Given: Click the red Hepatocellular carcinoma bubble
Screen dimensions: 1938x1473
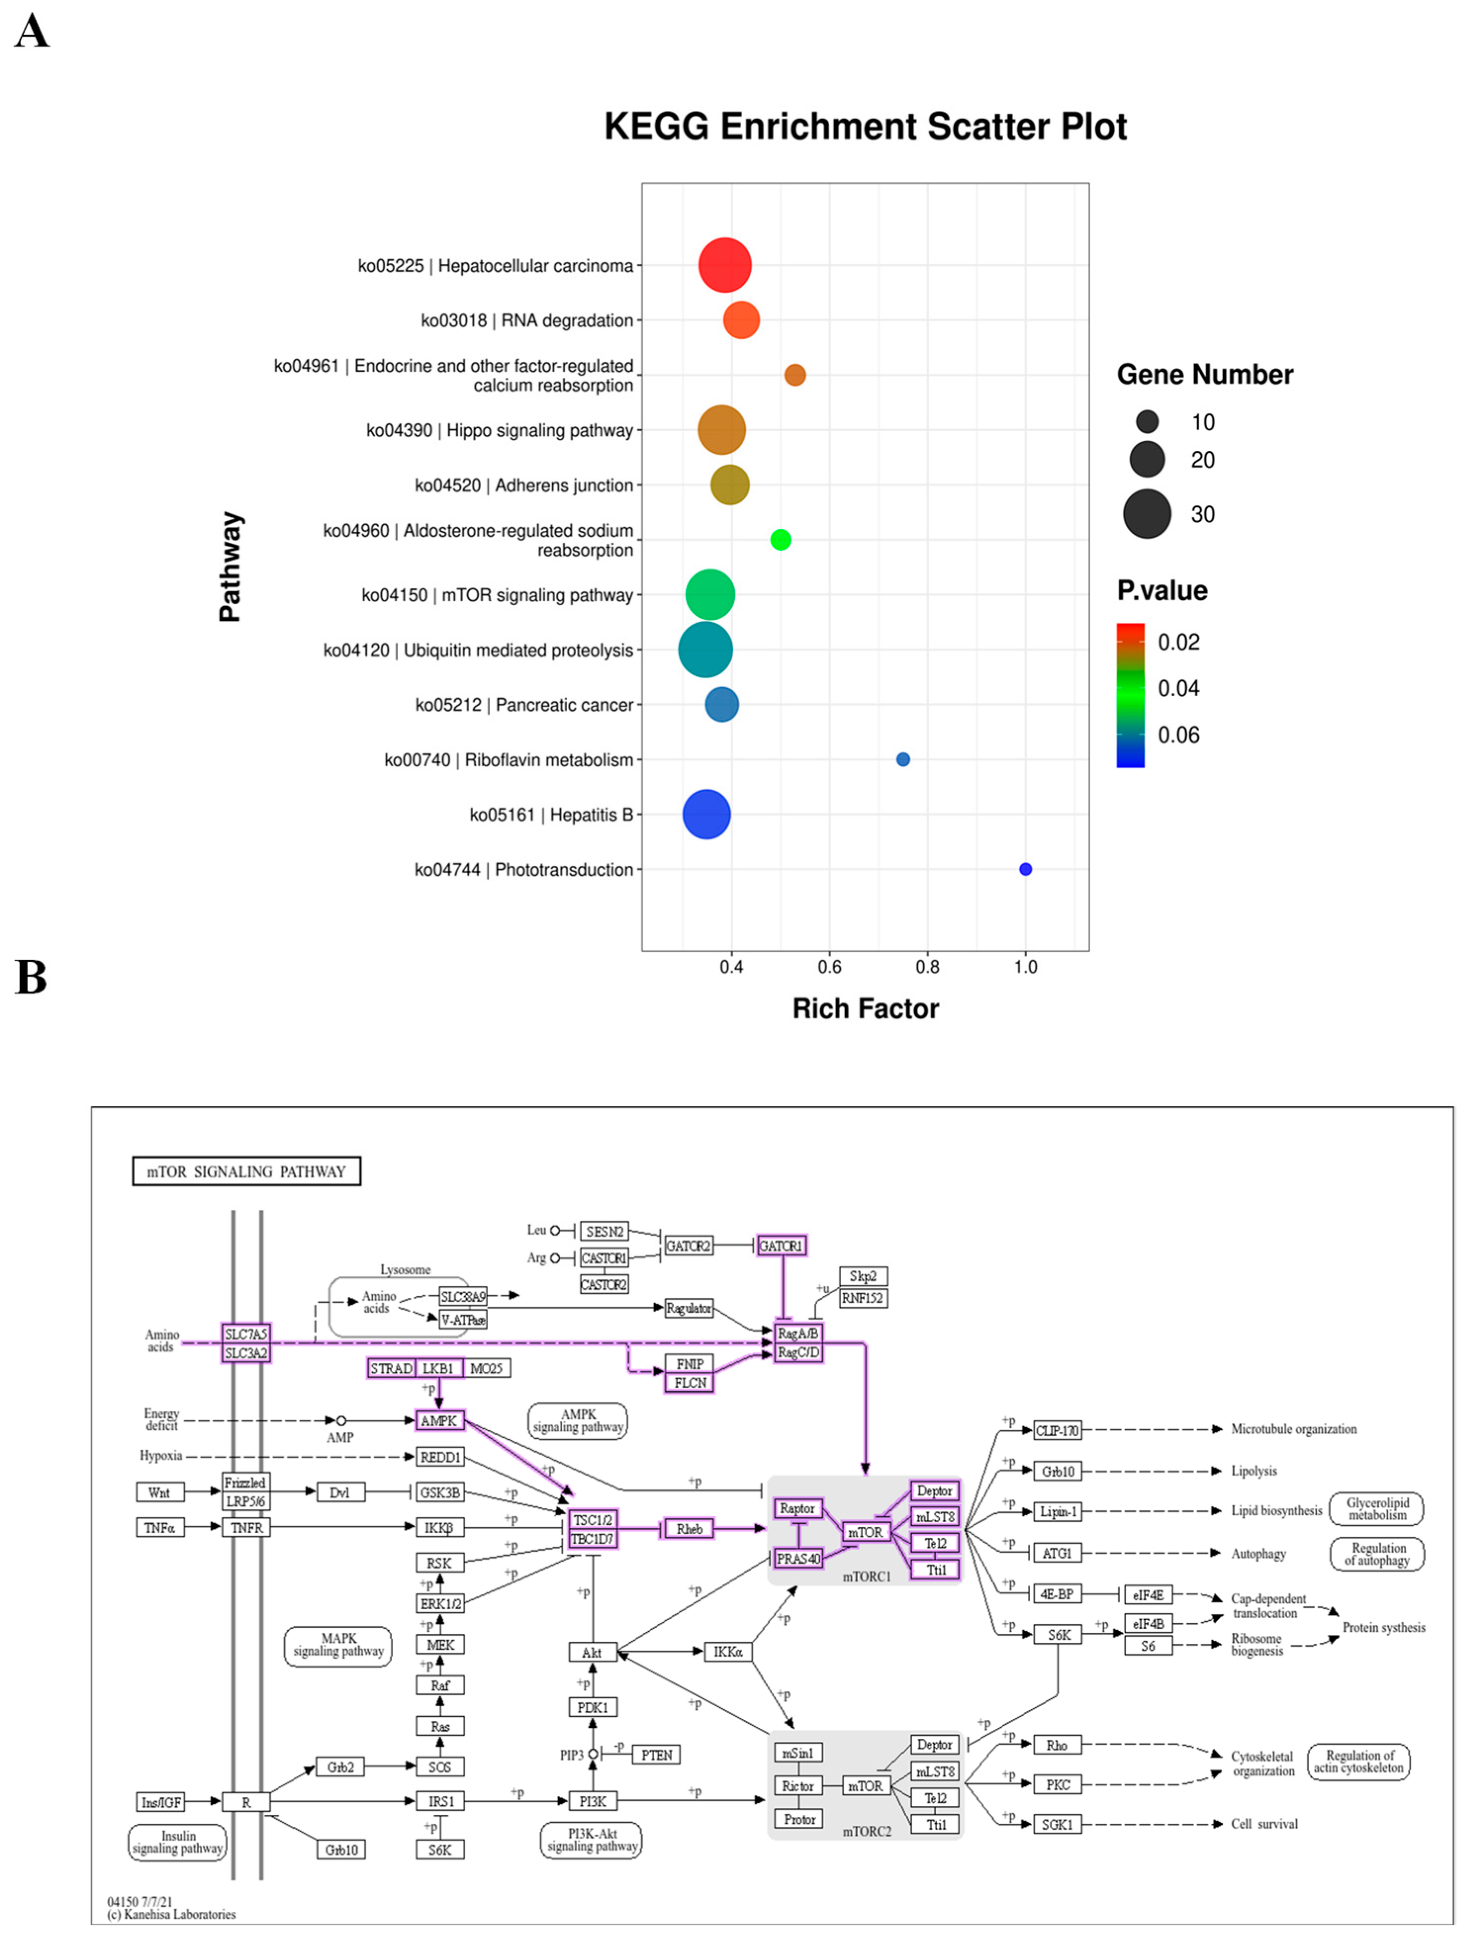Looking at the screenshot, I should tap(724, 264).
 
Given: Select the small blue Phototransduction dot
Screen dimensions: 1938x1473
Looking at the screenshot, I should tap(1025, 870).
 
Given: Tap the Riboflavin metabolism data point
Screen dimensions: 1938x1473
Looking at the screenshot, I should tap(902, 759).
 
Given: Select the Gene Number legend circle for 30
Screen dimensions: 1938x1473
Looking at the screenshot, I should tap(1146, 514).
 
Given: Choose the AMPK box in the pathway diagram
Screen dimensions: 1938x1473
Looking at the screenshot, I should tap(439, 1421).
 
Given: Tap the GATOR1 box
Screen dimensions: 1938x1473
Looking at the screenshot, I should tap(780, 1245).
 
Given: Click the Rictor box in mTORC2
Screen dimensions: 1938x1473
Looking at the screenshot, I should tap(798, 1786).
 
